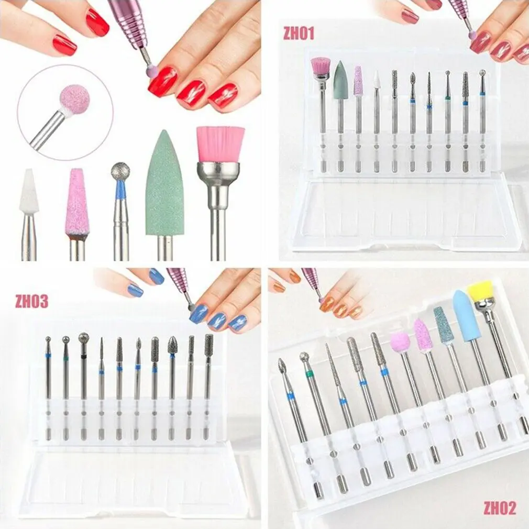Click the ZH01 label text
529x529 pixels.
(x=299, y=34)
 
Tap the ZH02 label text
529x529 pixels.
(x=500, y=507)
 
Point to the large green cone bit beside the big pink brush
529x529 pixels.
(x=164, y=183)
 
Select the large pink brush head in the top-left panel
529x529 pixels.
(x=220, y=144)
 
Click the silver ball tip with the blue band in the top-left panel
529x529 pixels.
(x=120, y=172)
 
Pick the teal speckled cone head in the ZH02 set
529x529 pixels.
(x=443, y=325)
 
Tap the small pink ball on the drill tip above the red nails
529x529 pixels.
(x=151, y=71)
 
